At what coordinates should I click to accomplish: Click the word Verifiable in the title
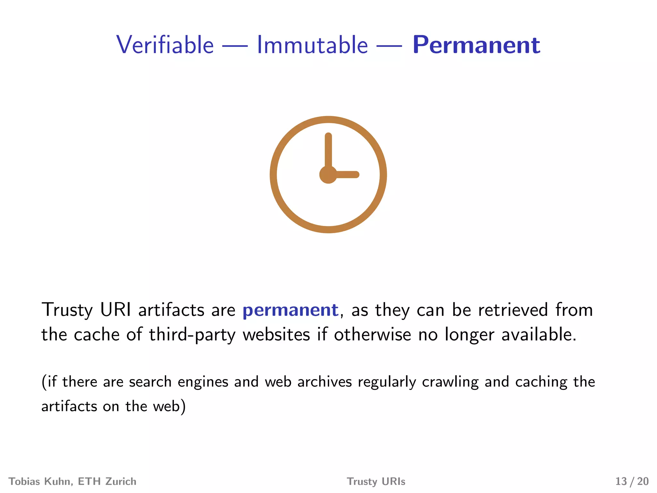165,45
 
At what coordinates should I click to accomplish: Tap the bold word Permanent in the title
476,45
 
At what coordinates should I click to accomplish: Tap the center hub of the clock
328,175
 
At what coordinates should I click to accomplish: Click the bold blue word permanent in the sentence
290,310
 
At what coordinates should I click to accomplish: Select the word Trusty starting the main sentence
67,310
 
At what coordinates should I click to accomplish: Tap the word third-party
192,335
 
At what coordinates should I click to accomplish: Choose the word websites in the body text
276,334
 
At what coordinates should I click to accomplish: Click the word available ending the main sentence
539,334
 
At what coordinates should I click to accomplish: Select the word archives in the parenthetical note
324,382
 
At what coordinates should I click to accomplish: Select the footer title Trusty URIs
376,481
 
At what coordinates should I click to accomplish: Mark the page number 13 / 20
632,481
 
